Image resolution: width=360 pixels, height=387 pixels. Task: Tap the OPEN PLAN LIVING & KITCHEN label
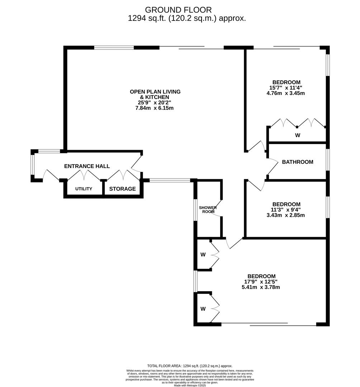[155, 94]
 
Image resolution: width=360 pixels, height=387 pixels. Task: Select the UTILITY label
[84, 189]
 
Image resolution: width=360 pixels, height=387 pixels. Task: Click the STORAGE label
[123, 189]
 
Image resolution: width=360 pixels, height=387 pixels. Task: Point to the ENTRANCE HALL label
[87, 166]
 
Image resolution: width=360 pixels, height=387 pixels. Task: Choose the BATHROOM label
[298, 162]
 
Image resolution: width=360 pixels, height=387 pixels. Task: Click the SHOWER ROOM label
[208, 210]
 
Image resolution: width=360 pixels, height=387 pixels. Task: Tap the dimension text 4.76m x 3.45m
[286, 93]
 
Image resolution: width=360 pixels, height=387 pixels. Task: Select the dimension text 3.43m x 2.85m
[286, 215]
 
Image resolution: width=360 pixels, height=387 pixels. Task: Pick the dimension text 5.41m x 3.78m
[262, 287]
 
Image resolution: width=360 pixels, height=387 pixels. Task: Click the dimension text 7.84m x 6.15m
[155, 108]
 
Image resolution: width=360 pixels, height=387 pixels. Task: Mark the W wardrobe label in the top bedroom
[298, 135]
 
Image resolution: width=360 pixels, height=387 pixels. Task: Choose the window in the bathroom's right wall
[328, 159]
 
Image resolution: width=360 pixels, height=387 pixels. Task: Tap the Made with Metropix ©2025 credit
[190, 385]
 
